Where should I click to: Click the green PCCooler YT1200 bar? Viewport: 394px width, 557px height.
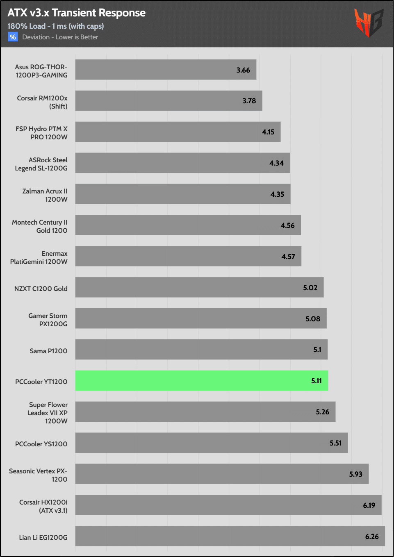pyautogui.click(x=201, y=380)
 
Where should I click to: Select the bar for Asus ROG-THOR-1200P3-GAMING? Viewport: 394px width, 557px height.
pyautogui.click(x=166, y=70)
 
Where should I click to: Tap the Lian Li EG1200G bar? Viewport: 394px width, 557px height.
pyautogui.click(x=230, y=536)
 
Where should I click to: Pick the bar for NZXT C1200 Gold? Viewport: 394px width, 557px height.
pyautogui.click(x=199, y=287)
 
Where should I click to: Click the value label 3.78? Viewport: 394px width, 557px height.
pyautogui.click(x=249, y=101)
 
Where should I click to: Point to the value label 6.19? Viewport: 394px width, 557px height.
pyautogui.click(x=369, y=505)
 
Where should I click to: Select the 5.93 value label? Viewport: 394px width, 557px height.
pyautogui.click(x=355, y=474)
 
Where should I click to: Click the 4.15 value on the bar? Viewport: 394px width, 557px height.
pyautogui.click(x=268, y=132)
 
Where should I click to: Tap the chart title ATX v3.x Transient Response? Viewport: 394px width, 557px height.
pyautogui.click(x=77, y=13)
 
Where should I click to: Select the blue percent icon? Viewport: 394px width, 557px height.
pyautogui.click(x=13, y=37)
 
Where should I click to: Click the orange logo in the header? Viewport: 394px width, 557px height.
pyautogui.click(x=369, y=23)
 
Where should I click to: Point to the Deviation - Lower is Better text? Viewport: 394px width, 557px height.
pyautogui.click(x=60, y=37)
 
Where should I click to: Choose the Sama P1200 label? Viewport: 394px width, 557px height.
pyautogui.click(x=48, y=351)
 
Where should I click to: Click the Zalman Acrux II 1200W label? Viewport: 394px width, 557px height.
pyautogui.click(x=45, y=195)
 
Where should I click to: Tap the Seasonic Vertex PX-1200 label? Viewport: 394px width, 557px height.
pyautogui.click(x=38, y=475)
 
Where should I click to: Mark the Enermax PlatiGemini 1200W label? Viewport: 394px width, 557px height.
pyautogui.click(x=39, y=257)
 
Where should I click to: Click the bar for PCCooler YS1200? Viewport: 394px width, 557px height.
pyautogui.click(x=212, y=443)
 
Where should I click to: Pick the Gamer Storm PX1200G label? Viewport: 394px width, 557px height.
pyautogui.click(x=48, y=320)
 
